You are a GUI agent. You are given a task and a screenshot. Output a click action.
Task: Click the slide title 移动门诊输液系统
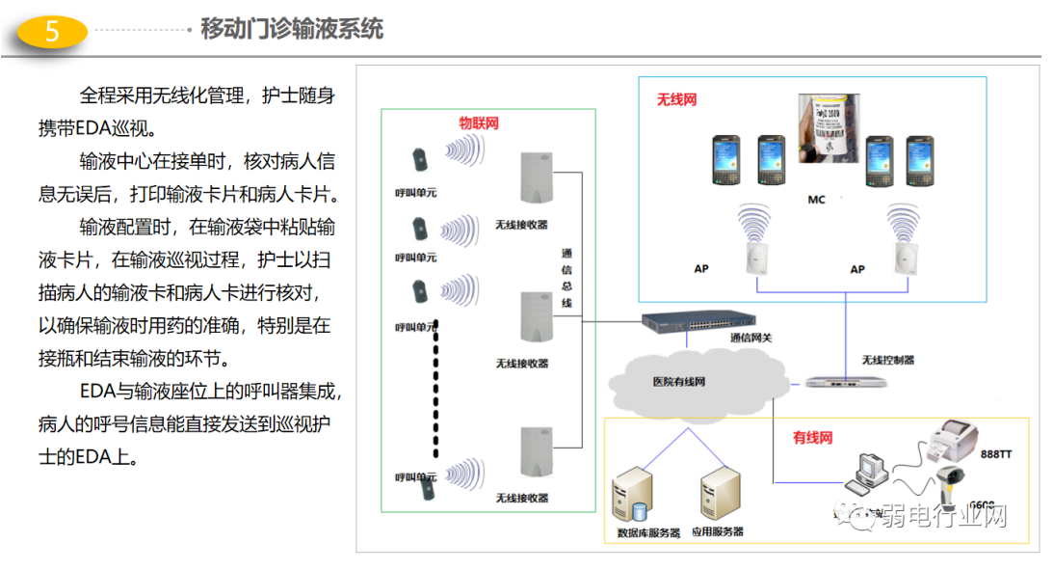(291, 29)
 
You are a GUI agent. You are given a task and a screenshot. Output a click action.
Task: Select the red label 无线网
(676, 99)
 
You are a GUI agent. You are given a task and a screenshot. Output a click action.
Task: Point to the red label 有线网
(812, 437)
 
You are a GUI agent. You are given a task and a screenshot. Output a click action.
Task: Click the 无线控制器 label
(887, 360)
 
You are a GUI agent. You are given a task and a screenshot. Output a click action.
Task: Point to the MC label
(816, 200)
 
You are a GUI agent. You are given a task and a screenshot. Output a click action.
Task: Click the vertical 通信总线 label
(566, 279)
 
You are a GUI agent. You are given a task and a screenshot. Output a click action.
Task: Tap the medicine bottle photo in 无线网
(829, 128)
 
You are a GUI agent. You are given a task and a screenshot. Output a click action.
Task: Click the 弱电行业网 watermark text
(939, 517)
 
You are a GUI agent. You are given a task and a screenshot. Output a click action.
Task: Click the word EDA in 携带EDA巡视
(93, 128)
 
